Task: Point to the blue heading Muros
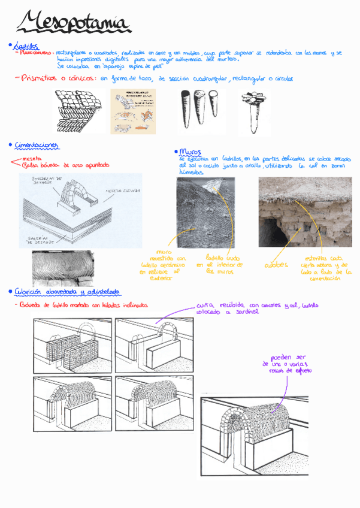click(190, 152)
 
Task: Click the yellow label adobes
click(276, 265)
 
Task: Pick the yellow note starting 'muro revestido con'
click(163, 265)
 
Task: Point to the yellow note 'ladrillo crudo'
click(223, 264)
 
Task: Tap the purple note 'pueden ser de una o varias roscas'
click(286, 364)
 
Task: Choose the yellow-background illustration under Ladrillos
click(133, 111)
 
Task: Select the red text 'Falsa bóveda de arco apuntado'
click(66, 165)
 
